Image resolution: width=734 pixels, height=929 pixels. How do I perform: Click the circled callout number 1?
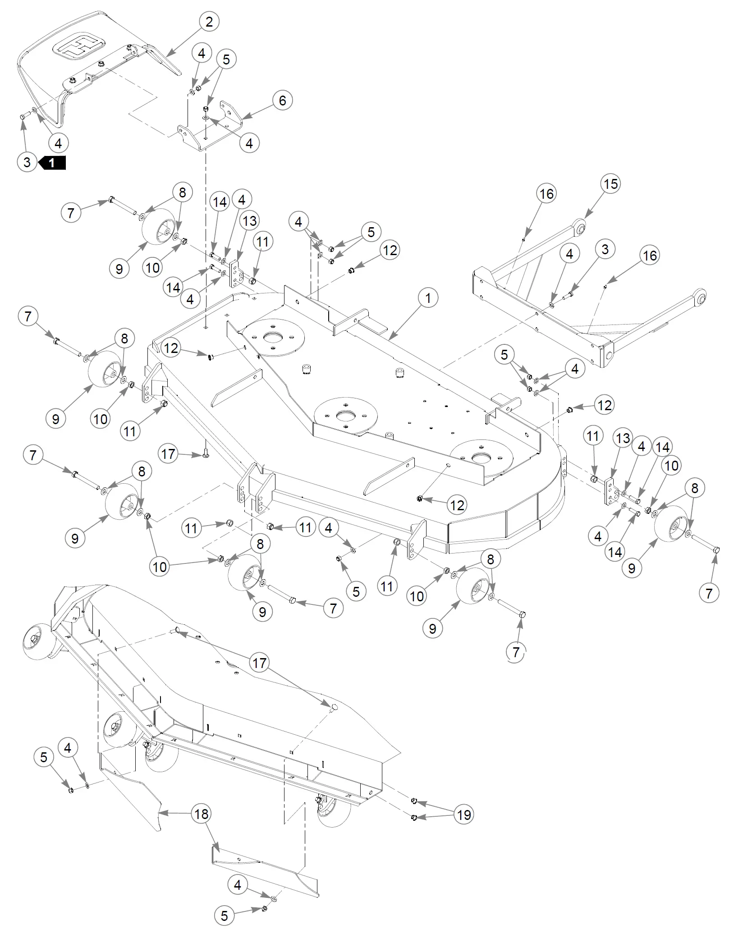pos(428,298)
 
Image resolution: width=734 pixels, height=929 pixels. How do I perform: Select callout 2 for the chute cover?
pos(209,22)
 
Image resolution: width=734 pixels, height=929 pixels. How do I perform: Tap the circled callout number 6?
pos(282,100)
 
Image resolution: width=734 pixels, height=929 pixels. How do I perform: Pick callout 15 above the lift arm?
pos(610,184)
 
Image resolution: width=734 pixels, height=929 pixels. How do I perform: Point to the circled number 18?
pos(201,814)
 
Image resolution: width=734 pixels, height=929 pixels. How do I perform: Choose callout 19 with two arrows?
pos(463,815)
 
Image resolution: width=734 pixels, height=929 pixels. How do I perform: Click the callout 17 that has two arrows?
pos(259,663)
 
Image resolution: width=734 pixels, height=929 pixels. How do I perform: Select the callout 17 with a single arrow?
pos(168,453)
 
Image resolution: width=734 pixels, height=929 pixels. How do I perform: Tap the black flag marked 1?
pos(52,162)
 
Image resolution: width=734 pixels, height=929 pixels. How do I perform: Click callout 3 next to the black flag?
pos(27,162)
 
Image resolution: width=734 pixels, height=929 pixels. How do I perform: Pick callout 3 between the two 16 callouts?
pos(605,249)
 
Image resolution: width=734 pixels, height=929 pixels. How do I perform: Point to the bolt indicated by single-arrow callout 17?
pos(206,455)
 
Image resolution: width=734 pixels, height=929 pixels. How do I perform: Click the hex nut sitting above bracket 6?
pos(206,109)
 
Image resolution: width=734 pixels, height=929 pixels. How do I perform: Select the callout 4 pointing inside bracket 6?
pos(249,143)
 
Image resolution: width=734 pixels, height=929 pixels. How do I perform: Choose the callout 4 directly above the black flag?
pos(58,143)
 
